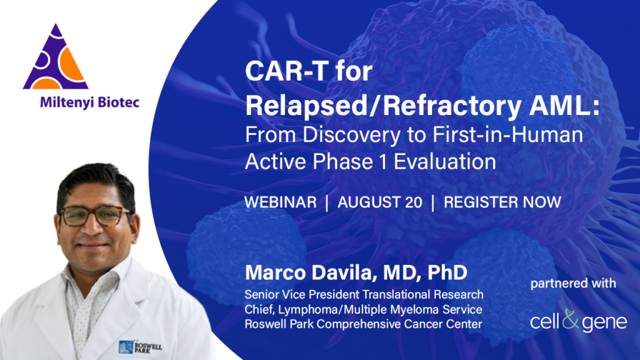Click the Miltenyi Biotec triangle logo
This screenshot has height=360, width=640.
(x=56, y=57)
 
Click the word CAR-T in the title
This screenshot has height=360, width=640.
(x=286, y=71)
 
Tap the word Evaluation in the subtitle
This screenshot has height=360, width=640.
(x=444, y=162)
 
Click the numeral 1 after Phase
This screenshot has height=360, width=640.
(x=382, y=162)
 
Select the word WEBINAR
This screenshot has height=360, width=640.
(x=281, y=202)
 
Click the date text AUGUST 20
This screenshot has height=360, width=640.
(x=379, y=202)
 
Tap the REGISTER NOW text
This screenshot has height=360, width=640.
(x=502, y=202)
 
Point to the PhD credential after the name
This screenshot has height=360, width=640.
(x=447, y=272)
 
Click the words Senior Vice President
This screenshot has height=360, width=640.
(x=302, y=294)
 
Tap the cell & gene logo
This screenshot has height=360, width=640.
(x=578, y=321)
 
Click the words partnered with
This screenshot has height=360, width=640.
(x=573, y=283)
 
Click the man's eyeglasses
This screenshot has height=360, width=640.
(x=96, y=216)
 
